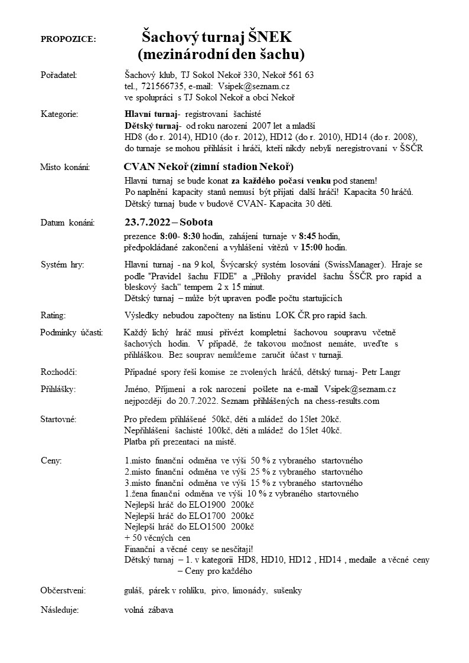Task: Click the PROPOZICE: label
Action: [x=68, y=39]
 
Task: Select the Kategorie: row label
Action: [x=59, y=113]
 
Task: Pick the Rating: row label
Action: [x=53, y=315]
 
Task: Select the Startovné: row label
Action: [x=60, y=419]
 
